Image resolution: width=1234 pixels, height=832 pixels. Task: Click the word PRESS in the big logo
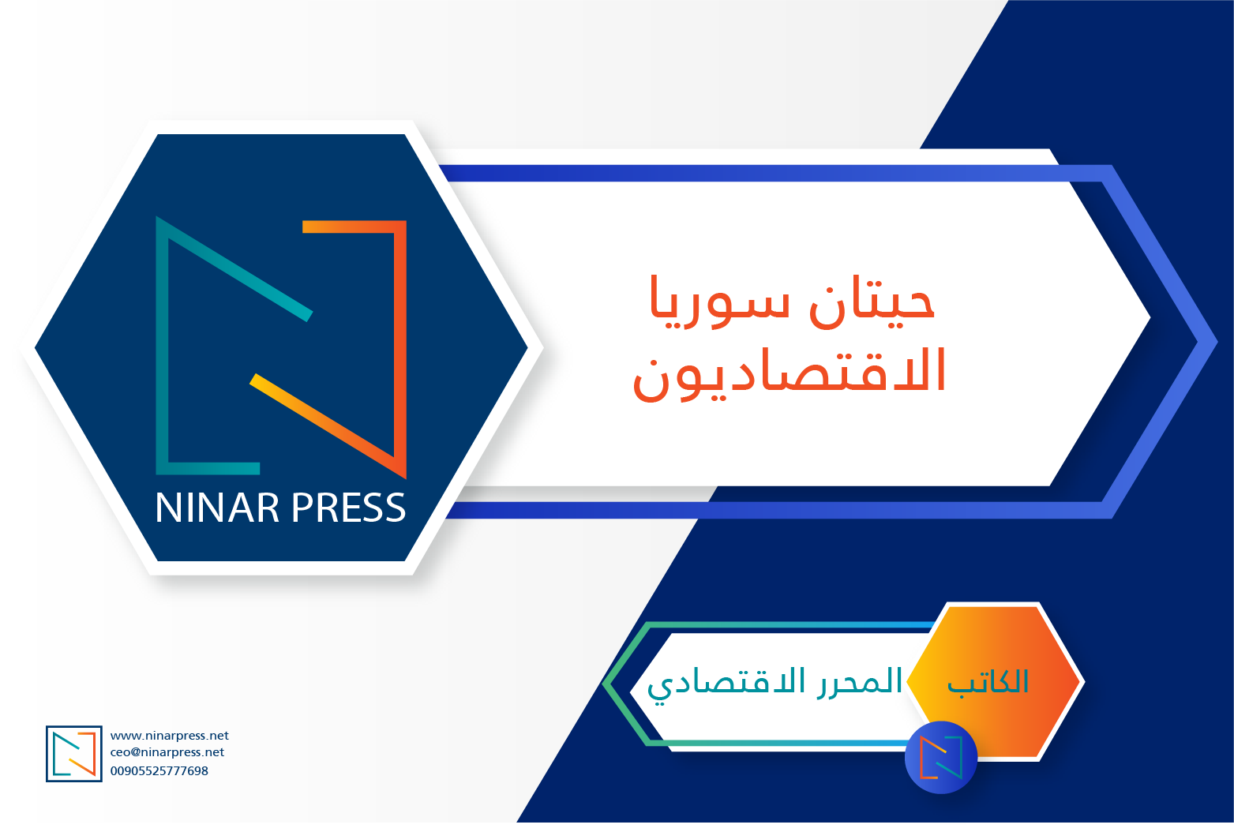349,507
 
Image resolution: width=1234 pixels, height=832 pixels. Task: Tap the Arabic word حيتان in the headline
872,302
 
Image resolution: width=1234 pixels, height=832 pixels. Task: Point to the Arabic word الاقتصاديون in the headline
790,373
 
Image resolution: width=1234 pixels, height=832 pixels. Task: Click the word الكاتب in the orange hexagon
988,682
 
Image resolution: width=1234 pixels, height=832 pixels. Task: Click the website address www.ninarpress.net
169,736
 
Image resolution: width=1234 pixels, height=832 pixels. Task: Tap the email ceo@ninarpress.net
167,752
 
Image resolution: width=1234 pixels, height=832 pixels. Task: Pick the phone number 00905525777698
159,771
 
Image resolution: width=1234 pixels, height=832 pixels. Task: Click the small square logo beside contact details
74,754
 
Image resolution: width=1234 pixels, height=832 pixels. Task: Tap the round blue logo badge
941,758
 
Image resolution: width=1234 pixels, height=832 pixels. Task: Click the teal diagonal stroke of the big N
234,268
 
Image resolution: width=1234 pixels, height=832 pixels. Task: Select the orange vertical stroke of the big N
400,350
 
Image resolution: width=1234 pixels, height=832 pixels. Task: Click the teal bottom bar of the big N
208,469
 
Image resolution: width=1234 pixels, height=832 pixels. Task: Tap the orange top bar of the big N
354,227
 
